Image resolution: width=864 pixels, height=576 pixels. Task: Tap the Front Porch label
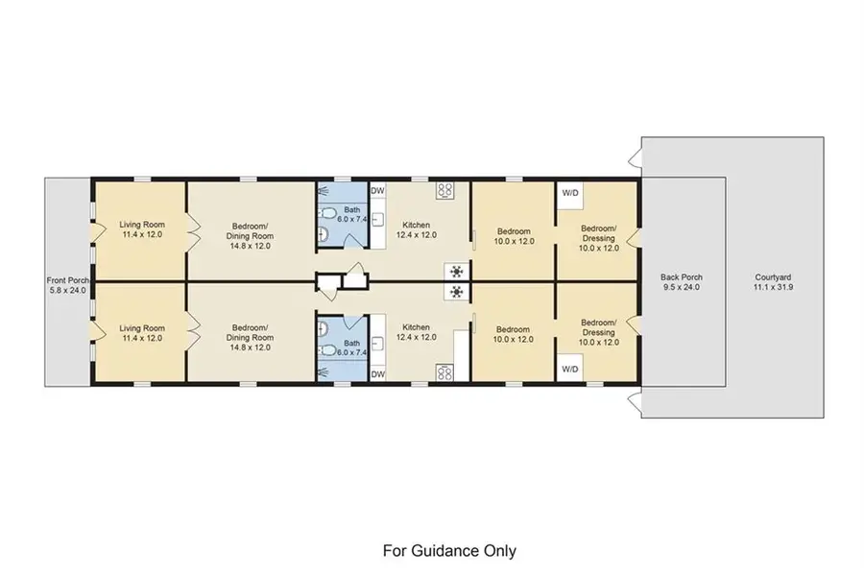click(66, 279)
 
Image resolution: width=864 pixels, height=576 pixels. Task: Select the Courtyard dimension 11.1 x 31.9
click(778, 287)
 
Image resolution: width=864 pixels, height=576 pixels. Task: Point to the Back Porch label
click(682, 276)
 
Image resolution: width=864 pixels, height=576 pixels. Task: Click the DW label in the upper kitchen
click(377, 191)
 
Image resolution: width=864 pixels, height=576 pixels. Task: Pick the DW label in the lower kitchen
click(377, 373)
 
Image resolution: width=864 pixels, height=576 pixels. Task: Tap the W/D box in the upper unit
click(570, 193)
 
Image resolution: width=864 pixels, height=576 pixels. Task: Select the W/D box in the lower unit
click(570, 368)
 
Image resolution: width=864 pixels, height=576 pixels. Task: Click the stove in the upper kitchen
click(445, 190)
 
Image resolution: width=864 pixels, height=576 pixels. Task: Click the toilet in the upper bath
click(326, 213)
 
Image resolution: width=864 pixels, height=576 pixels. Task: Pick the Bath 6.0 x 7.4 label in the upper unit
click(352, 214)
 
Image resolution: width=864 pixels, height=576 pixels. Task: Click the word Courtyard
click(778, 276)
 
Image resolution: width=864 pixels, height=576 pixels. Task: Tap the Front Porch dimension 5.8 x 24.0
click(66, 290)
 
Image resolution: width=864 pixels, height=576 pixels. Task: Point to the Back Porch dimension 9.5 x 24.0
click(682, 287)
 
